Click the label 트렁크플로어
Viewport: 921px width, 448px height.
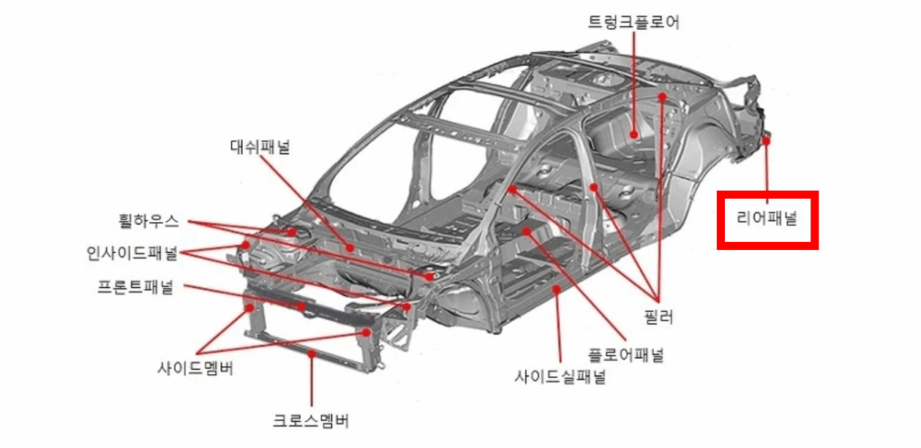coord(633,22)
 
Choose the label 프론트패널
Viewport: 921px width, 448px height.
coord(136,287)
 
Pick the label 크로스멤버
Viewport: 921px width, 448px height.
coord(310,420)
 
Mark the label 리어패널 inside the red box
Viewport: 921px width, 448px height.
coord(766,220)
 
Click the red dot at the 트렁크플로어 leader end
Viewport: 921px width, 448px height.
coord(634,134)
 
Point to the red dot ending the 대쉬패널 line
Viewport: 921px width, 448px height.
coord(350,247)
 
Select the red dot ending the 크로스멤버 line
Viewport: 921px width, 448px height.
coord(312,354)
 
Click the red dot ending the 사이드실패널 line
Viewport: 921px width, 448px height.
coord(557,288)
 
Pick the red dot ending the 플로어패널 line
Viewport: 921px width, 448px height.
coord(527,231)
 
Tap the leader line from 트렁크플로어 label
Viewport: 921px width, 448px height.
coord(634,84)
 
